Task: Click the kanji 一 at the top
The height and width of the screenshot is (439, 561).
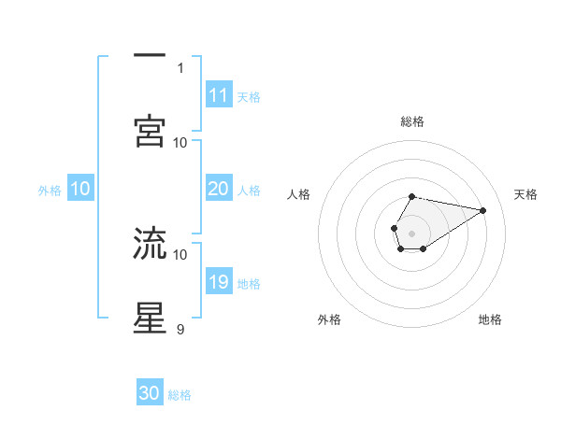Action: pos(150,57)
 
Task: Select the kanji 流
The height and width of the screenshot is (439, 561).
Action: pos(150,243)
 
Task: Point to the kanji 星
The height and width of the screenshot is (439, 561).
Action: pos(150,317)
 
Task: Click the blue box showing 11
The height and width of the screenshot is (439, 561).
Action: pos(218,95)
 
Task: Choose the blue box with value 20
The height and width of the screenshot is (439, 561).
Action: pos(218,190)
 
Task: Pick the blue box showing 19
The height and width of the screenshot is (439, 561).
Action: pos(218,282)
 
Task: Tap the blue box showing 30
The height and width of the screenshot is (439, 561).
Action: pos(150,393)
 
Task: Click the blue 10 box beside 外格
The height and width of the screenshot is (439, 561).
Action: pos(79,190)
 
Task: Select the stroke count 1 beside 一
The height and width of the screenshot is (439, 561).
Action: pos(180,67)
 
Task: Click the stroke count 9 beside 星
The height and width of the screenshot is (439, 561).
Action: pos(180,329)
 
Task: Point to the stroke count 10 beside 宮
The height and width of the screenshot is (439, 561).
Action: pos(180,142)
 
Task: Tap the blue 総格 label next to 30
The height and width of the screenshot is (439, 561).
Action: pos(180,395)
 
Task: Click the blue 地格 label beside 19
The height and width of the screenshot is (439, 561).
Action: pos(249,284)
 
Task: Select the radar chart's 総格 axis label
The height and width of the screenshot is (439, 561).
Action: pos(411,121)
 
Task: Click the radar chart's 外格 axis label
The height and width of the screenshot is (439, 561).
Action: pos(329,320)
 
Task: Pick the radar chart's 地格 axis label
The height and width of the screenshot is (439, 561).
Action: pos(490,320)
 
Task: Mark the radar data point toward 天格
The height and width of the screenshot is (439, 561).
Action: pos(483,209)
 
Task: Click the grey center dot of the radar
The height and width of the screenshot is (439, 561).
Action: pos(411,232)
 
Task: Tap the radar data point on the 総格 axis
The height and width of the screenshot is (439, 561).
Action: pos(411,197)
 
